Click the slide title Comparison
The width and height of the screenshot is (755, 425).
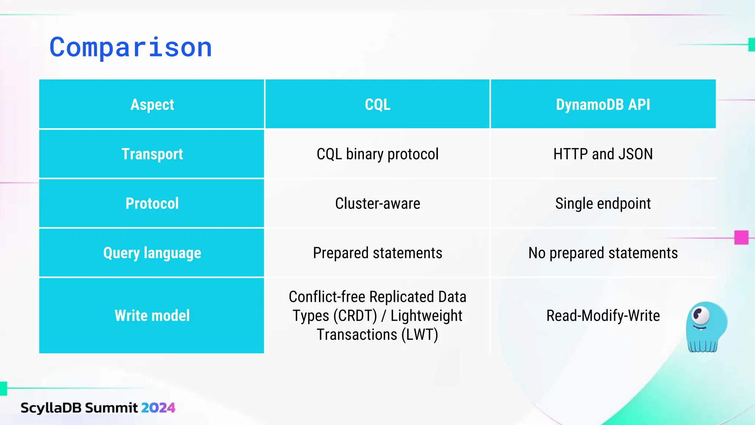point(131,47)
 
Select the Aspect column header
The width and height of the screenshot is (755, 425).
point(152,104)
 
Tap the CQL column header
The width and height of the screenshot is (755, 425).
point(377,104)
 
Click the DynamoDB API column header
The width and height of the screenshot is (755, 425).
point(603,104)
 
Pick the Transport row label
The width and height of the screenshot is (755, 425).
point(152,154)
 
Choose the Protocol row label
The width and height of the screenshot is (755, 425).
point(152,203)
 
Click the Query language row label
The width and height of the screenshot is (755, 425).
point(152,253)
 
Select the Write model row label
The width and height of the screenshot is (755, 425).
point(152,315)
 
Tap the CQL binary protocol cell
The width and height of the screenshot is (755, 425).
point(377,154)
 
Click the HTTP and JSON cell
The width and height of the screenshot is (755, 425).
point(603,154)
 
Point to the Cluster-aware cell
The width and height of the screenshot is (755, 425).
point(377,203)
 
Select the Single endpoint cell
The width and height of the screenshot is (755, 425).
point(603,203)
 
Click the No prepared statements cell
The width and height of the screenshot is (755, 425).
point(603,253)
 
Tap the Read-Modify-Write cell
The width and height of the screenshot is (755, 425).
point(603,315)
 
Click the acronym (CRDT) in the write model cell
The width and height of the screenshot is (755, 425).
point(355,316)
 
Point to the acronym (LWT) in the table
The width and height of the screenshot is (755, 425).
point(420,335)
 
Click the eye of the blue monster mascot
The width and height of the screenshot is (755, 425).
point(700,315)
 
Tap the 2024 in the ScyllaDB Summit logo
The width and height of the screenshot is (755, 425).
point(158,408)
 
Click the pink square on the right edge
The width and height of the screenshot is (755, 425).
point(741,238)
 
